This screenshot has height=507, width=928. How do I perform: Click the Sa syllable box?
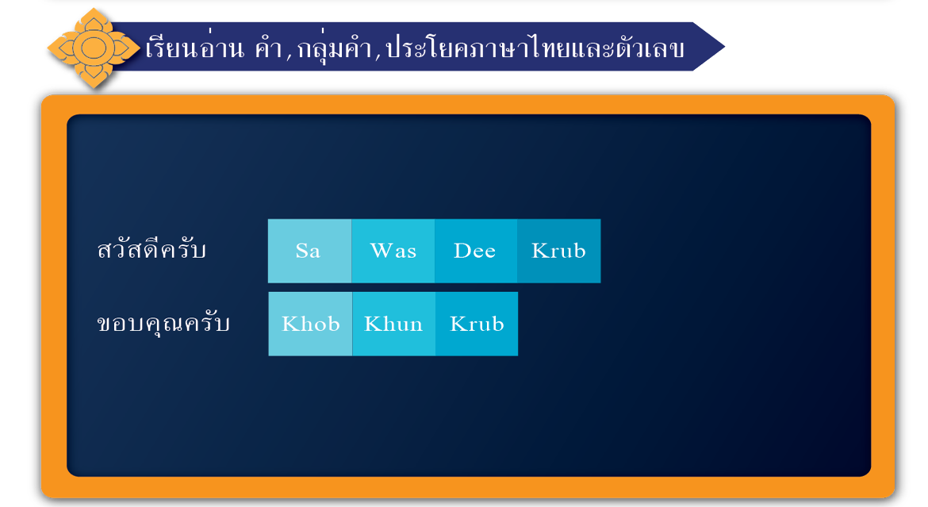tap(309, 251)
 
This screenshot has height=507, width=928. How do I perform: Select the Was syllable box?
tap(393, 251)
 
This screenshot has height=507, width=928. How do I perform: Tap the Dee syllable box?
tap(476, 251)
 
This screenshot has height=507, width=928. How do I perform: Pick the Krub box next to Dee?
tap(558, 251)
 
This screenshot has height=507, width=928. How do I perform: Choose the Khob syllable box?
tap(310, 324)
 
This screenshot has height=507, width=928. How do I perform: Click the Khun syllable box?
tap(393, 324)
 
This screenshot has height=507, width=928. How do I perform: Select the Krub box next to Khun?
tap(477, 324)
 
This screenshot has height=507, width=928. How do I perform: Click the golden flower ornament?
tap(94, 48)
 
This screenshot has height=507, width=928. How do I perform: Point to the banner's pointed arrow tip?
tap(724, 47)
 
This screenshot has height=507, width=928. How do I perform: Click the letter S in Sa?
tap(301, 251)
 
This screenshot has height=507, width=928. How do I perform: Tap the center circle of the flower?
tap(94, 48)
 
